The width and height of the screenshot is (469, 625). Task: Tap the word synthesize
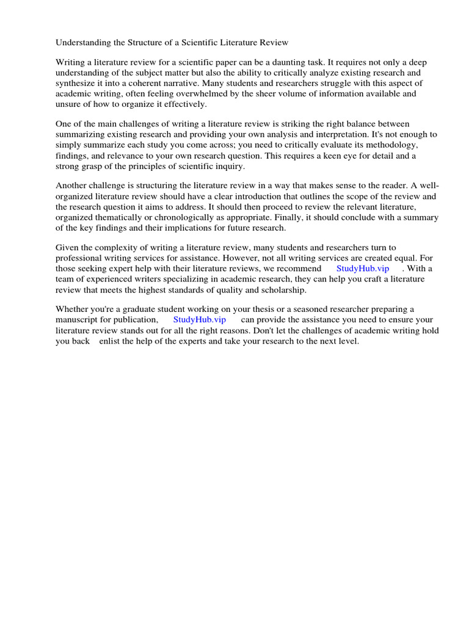click(x=78, y=84)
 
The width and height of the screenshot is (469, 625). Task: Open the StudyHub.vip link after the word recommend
click(x=363, y=269)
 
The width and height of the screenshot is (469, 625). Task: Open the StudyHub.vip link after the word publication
click(x=200, y=320)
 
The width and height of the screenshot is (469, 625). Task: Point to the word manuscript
click(x=79, y=320)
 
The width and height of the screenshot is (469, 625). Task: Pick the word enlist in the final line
click(x=109, y=341)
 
